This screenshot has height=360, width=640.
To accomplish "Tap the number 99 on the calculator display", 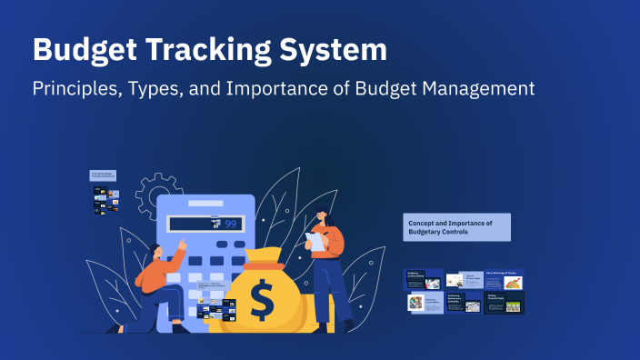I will click(231, 224).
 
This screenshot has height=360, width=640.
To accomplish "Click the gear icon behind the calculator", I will click(152, 190).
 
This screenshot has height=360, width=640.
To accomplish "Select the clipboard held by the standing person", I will click(315, 241).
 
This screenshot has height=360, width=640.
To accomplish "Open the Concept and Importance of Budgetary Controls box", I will click(457, 227).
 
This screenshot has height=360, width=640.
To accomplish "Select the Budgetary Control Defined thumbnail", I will click(424, 279).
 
